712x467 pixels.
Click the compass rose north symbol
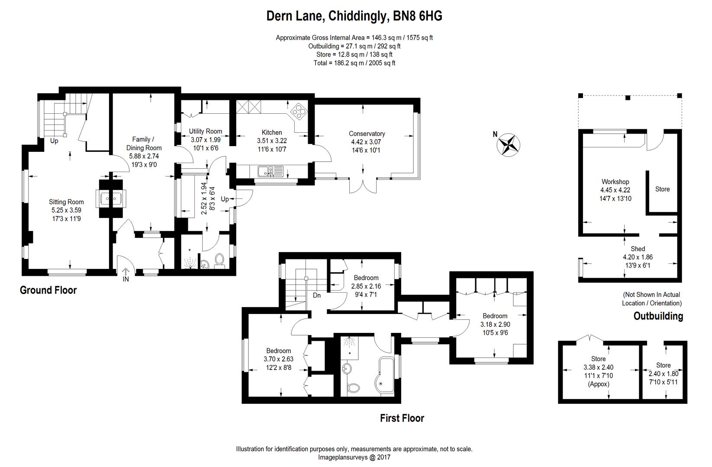[508, 145]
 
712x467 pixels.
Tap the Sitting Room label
[66, 202]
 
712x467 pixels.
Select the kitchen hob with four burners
[299, 112]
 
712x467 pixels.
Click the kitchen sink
[270, 171]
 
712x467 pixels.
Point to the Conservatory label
[367, 134]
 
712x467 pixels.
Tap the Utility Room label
[205, 131]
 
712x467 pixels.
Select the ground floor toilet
[219, 259]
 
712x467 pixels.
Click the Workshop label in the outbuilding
[615, 182]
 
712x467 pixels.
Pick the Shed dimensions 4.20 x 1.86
[638, 257]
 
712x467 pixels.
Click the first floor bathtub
[385, 376]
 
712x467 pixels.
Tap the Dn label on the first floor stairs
[316, 295]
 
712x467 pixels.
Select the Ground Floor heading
[48, 290]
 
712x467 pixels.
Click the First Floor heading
[402, 418]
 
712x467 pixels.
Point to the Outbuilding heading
[658, 316]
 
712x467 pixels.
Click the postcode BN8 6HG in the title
[417, 16]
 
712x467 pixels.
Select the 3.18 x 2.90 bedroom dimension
[495, 324]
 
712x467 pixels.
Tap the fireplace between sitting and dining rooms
[111, 199]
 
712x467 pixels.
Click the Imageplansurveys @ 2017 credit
[354, 457]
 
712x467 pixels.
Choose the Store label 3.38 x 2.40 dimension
[598, 367]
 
